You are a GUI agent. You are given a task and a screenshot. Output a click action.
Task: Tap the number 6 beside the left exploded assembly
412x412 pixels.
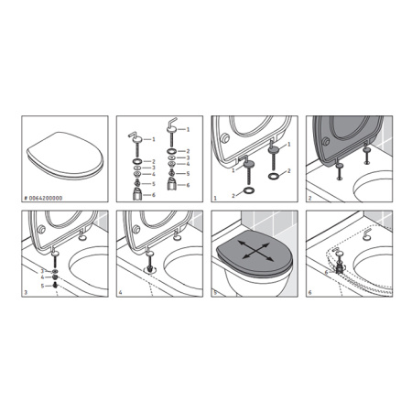[x=152, y=194]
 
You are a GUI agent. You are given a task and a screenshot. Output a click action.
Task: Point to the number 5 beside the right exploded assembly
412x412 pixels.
[x=188, y=174]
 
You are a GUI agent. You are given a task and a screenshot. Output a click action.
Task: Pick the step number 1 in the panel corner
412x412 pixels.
[x=214, y=196]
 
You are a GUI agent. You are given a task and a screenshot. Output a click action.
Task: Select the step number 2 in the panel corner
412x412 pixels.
[x=309, y=196]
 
